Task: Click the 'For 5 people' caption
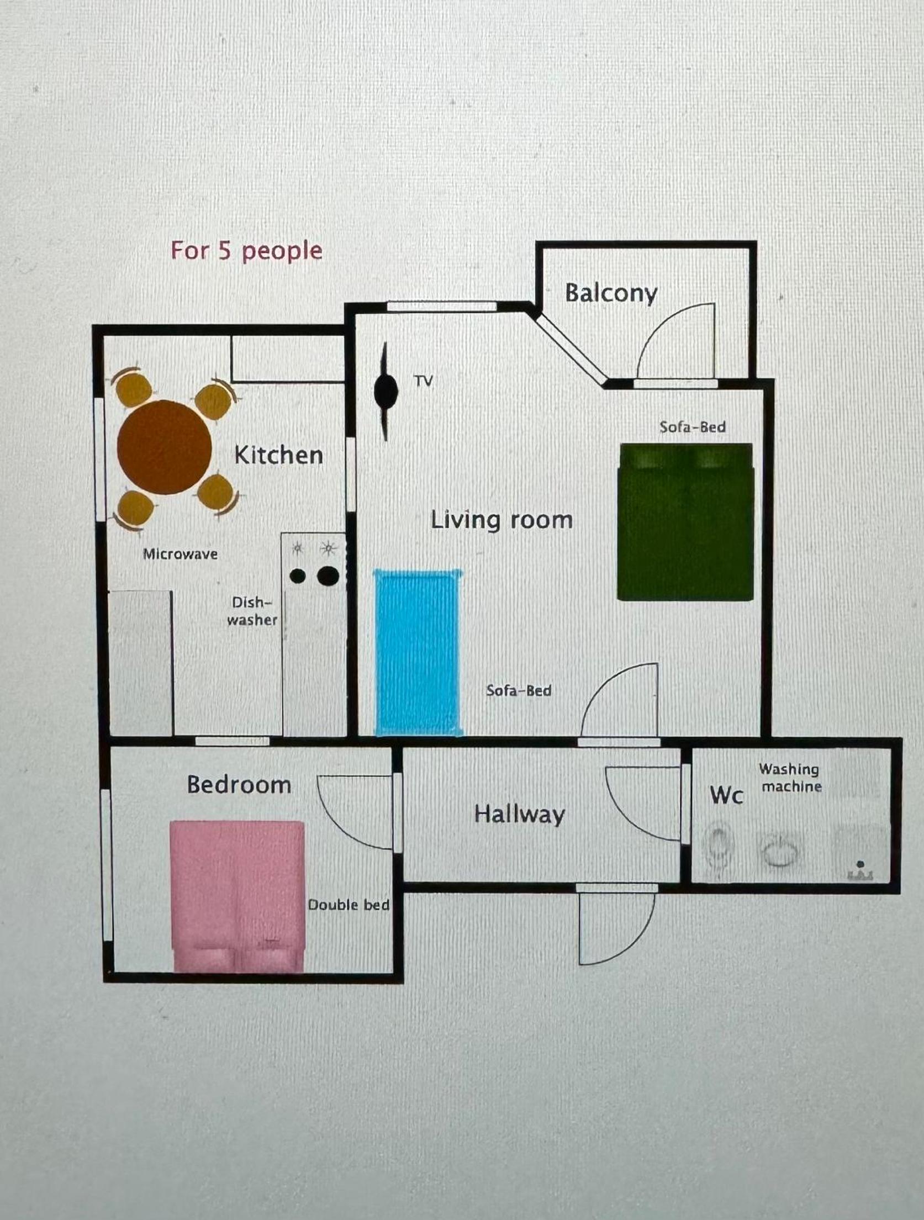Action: click(246, 252)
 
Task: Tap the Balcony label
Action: click(611, 293)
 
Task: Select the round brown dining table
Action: click(164, 447)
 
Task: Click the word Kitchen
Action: click(278, 455)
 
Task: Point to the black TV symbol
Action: click(386, 391)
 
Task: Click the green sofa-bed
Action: click(685, 522)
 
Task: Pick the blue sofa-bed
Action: click(418, 653)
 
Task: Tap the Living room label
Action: click(501, 520)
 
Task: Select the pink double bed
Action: click(237, 896)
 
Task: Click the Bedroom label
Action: click(239, 785)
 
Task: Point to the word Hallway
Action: click(520, 815)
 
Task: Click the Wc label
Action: click(726, 795)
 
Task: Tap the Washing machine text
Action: click(790, 778)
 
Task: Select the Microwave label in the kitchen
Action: click(180, 554)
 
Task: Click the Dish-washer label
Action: click(252, 611)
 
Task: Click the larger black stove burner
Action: click(328, 575)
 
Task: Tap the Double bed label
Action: click(349, 905)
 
